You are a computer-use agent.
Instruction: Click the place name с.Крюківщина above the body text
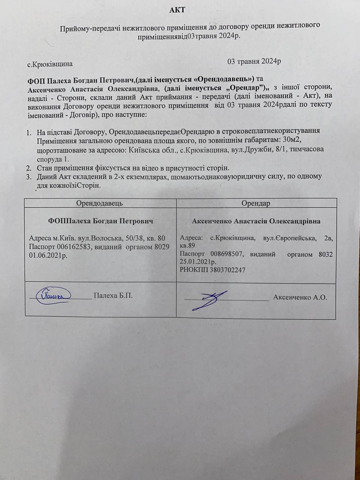(50, 64)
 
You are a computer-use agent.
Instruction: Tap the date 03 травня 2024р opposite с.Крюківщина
(254, 61)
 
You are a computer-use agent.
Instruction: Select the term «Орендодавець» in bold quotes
(224, 79)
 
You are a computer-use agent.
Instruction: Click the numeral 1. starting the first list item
(29, 132)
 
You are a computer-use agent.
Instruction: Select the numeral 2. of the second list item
(29, 167)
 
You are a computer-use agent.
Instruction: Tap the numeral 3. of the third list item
(29, 176)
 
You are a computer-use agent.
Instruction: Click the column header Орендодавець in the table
(99, 203)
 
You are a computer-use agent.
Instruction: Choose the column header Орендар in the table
(256, 203)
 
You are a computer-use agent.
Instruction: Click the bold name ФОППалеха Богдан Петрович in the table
(100, 221)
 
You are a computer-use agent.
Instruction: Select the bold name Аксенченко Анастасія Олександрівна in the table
(256, 221)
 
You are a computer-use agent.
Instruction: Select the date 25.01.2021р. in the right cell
(198, 262)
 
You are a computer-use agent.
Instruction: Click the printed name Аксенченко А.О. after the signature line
(300, 297)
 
